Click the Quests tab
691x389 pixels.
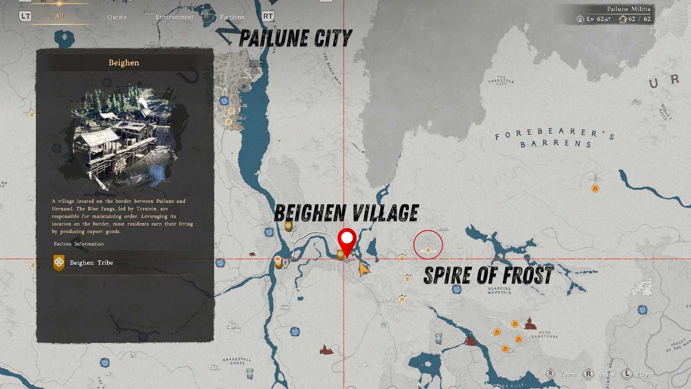coord(117,17)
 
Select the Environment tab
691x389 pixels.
coord(175,17)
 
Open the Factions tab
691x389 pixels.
coord(232,17)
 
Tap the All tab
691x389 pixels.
coord(59,16)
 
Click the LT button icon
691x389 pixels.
coord(25,16)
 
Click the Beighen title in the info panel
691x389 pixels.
coord(124,63)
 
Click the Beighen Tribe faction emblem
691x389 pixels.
coord(59,262)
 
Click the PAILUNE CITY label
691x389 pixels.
coord(295,39)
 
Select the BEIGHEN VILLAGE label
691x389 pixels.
coord(346,213)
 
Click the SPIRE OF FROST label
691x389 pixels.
coord(488,276)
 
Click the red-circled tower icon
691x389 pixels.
coord(428,245)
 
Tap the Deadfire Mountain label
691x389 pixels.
coord(499,290)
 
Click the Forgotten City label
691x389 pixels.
coord(501,80)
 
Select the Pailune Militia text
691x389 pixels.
coord(629,9)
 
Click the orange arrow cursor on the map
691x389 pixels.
coord(364,270)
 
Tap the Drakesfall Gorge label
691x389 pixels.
coord(237,361)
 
